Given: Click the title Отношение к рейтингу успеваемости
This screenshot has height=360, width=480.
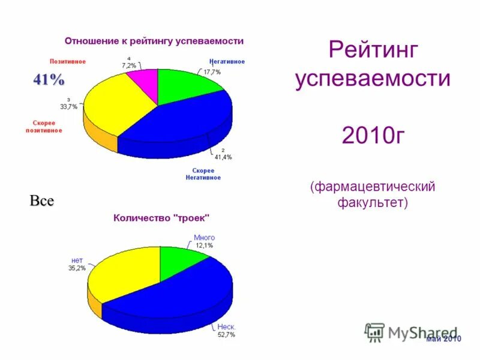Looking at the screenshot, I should point(154,41).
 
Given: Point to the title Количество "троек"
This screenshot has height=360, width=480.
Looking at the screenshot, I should point(161,218).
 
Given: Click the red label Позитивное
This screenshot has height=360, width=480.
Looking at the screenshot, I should point(67,61).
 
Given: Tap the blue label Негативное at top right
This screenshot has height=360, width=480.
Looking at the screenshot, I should point(227,61).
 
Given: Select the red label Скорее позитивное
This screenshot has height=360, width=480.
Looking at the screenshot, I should point(44,127).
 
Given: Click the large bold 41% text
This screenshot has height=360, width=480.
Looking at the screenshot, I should point(49,80).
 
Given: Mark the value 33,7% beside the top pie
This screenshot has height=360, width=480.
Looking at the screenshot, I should point(68,107).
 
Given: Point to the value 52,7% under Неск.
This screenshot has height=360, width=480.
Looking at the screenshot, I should point(226,334).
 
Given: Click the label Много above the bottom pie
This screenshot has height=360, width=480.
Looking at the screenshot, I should point(204,238).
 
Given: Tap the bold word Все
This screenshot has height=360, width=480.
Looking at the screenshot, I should point(42,201).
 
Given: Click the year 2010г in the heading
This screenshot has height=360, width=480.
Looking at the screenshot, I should point(372,136).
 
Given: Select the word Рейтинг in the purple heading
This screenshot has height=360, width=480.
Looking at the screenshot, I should point(372,50).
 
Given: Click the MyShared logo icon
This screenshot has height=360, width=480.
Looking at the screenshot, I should point(375,332).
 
